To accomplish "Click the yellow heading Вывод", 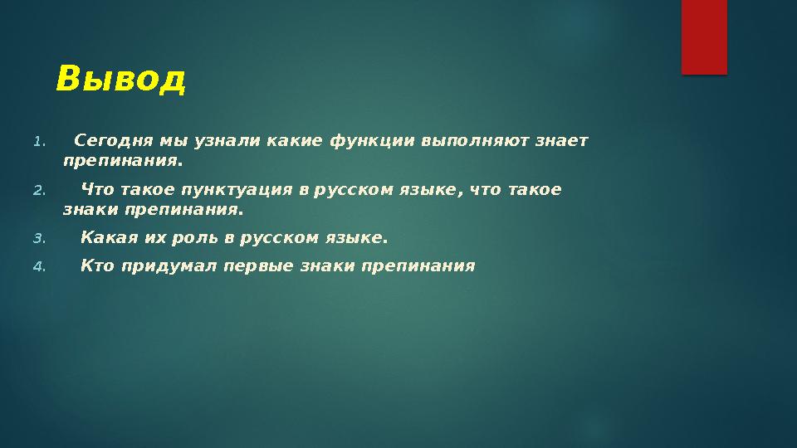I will click(x=121, y=80).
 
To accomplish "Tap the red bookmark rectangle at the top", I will click(x=704, y=37).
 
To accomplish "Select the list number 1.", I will click(x=39, y=141).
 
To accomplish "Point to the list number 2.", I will click(x=39, y=191).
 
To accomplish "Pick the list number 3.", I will click(x=39, y=240).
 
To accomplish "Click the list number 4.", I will click(x=39, y=267).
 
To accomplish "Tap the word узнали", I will click(x=230, y=140).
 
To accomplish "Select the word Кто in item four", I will click(x=98, y=266).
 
